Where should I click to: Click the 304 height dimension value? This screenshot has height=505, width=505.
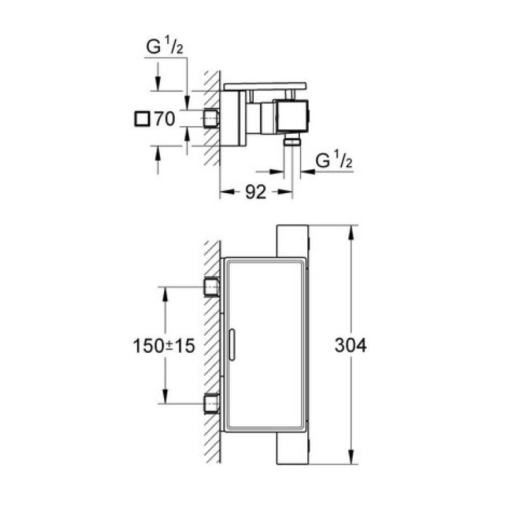pos(350,345)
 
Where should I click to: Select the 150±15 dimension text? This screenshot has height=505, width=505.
pos(164,346)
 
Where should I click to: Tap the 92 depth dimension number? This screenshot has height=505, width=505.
pos(256,192)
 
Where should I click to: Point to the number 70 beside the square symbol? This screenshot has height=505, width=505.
pos(165,119)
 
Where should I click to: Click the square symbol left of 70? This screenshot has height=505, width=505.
pos(142,119)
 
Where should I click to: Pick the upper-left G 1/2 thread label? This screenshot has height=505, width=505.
pos(165,46)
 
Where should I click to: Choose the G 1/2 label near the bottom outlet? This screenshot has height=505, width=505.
pos(334,160)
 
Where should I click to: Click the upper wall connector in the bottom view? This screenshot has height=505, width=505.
pos(211,287)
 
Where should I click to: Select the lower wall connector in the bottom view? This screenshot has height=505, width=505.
pos(211,403)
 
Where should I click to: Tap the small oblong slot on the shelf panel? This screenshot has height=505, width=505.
pos(232,345)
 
